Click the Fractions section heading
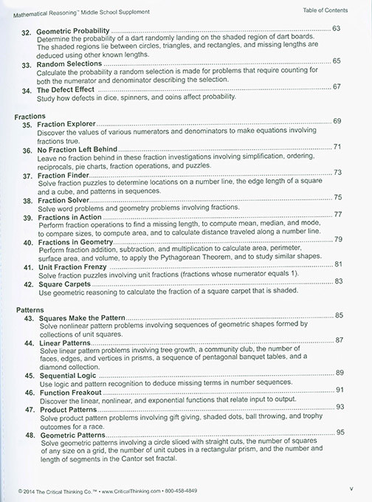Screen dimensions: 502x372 tap(30, 117)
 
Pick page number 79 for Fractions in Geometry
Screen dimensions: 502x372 tap(337, 239)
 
